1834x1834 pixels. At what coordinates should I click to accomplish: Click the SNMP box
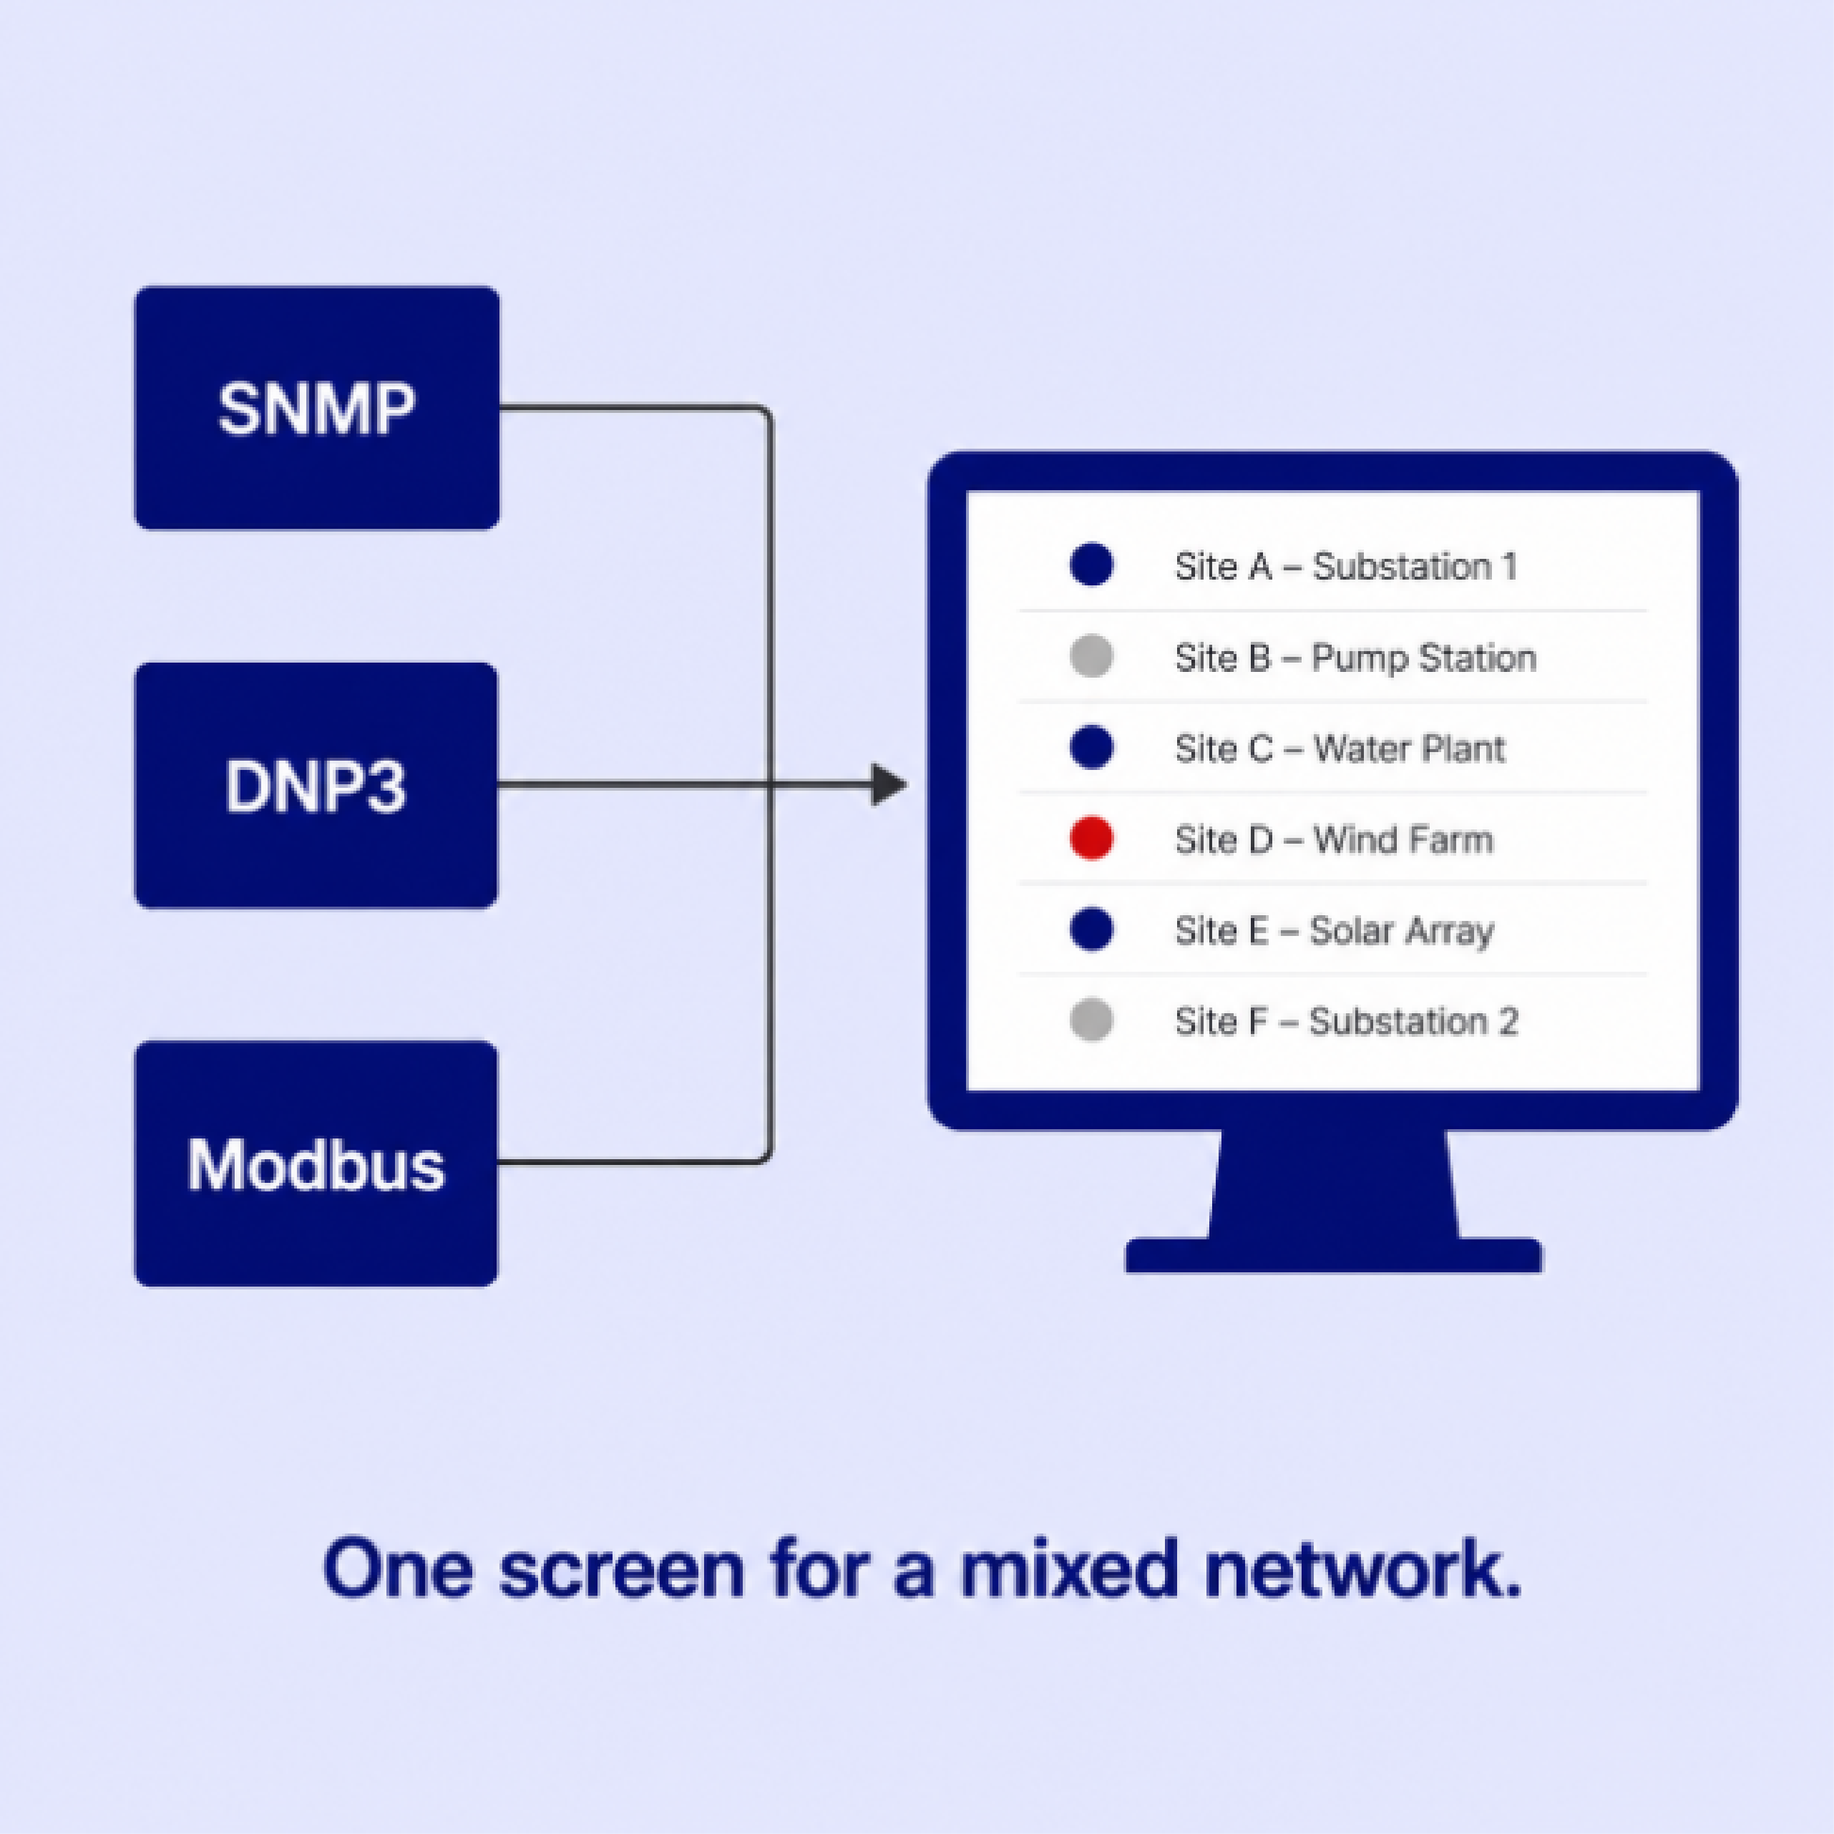pos(317,408)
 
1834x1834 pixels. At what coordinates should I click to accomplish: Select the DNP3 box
pos(316,785)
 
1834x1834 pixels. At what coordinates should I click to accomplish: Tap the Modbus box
pos(316,1164)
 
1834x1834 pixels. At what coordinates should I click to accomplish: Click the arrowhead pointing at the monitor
pos(889,785)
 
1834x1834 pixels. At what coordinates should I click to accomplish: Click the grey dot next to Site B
pos(1092,656)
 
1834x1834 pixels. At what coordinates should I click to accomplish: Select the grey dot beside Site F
pos(1092,1020)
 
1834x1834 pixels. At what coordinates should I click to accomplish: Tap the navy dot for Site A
pos(1092,565)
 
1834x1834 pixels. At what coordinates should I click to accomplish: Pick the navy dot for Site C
pos(1092,747)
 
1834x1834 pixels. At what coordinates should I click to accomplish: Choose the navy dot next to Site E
pos(1092,930)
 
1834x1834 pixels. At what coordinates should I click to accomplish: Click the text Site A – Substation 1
pos(1346,567)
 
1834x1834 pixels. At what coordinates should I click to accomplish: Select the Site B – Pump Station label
pos(1355,658)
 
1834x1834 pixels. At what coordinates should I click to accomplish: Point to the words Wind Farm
pos(1403,840)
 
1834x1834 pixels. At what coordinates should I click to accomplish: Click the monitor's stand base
pos(1334,1255)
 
